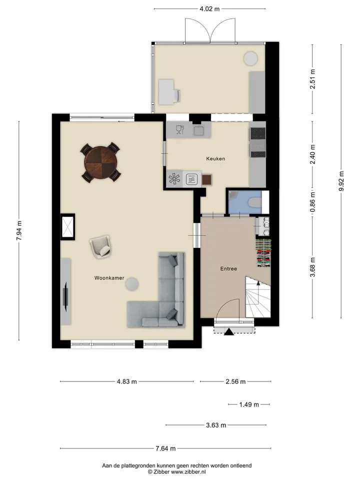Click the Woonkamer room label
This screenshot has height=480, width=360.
click(109, 278)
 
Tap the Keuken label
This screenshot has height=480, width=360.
click(215, 158)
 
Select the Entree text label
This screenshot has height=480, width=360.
click(228, 269)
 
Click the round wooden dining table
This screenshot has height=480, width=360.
click(100, 162)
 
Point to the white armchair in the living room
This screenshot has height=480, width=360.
click(100, 246)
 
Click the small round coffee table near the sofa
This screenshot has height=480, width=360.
click(131, 284)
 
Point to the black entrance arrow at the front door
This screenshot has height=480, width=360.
click(229, 331)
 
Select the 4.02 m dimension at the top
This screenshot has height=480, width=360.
click(209, 9)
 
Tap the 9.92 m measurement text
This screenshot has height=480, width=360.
click(341, 181)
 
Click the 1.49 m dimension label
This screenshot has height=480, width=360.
click(249, 404)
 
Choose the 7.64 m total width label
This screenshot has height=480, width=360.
click(165, 448)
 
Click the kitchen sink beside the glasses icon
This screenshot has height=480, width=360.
click(198, 130)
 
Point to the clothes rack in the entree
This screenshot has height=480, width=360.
click(263, 253)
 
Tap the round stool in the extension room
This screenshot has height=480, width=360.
click(250, 58)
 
